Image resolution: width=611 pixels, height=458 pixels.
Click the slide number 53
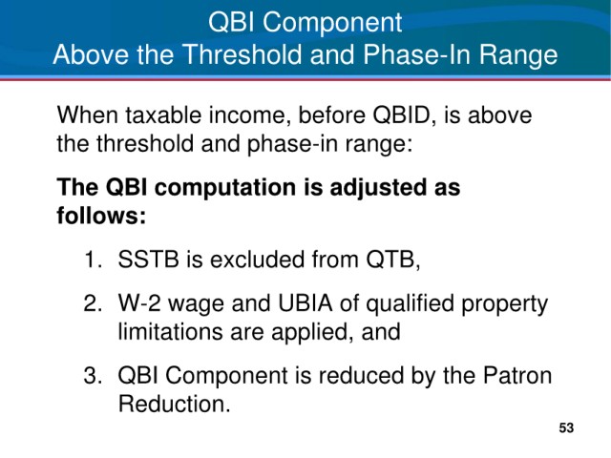coord(566,427)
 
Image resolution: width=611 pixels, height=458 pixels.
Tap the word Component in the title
coord(332,22)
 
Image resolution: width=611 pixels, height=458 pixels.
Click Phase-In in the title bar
coord(417,54)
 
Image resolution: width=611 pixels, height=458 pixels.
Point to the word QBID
coord(401,115)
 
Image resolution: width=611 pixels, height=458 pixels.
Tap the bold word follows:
coord(101,216)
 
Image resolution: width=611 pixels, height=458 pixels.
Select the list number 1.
coord(94,259)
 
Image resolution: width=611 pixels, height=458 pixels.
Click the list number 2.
coord(93,303)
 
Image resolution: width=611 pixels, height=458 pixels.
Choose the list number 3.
coord(93,375)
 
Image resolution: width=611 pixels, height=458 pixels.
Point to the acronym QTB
coord(392,260)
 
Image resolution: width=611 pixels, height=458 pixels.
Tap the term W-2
coord(139,303)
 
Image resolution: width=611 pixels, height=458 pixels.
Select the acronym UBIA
coord(305,303)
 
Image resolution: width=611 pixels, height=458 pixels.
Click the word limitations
coord(171,332)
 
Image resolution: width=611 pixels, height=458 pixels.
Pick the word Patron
coord(517,375)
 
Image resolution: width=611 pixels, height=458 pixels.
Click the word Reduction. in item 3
coord(175,404)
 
